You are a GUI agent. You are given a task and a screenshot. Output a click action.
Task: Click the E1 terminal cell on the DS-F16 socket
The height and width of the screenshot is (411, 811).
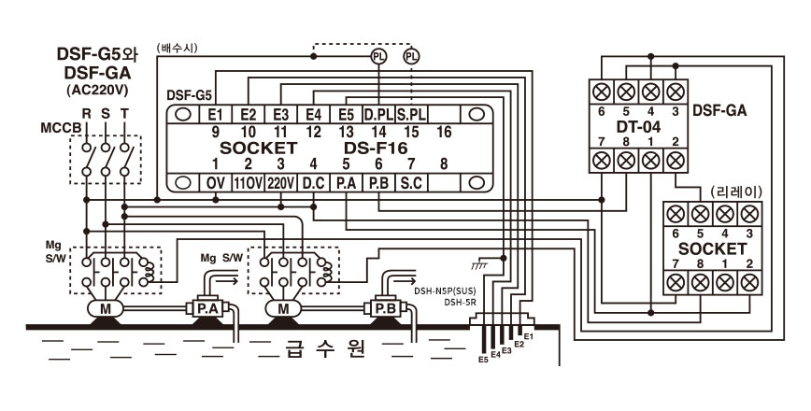[x=216, y=114]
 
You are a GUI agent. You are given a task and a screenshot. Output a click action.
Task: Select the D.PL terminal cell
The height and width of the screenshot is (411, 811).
[x=378, y=114]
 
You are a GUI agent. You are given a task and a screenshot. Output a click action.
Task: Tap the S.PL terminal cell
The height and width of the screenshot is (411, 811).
[x=411, y=114]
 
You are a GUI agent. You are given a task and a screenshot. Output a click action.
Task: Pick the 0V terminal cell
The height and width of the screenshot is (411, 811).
[x=216, y=183]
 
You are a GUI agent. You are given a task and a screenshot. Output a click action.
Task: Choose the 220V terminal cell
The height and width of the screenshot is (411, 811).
[x=281, y=183]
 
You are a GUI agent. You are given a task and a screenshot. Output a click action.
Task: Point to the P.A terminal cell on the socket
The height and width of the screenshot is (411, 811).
[x=346, y=183]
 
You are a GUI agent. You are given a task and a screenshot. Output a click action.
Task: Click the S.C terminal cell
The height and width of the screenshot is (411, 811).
[x=411, y=183]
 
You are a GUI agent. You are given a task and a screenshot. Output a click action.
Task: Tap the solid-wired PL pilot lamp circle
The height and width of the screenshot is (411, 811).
[x=379, y=56]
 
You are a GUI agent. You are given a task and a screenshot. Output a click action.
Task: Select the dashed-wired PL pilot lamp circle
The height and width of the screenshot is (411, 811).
[x=411, y=56]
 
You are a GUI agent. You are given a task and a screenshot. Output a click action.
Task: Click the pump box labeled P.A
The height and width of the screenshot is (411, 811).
[x=207, y=309]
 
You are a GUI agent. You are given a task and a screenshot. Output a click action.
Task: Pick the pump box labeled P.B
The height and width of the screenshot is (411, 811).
[x=385, y=309]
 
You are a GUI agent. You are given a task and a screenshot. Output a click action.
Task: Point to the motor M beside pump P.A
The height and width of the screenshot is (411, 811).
[x=105, y=309]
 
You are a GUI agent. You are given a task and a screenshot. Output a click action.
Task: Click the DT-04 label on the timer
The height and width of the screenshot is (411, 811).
[x=638, y=127]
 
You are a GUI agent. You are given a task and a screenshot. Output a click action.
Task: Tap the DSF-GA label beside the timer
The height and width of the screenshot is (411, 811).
[x=719, y=110]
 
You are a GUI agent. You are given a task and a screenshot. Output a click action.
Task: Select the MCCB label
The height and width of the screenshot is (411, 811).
[x=62, y=128]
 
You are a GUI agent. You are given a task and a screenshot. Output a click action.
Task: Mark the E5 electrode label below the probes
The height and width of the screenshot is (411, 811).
[x=483, y=360]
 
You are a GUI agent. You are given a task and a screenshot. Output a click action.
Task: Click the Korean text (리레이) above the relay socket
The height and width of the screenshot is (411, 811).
[x=729, y=192]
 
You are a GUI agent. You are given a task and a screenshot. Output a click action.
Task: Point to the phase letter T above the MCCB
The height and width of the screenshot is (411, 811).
[x=124, y=114]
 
